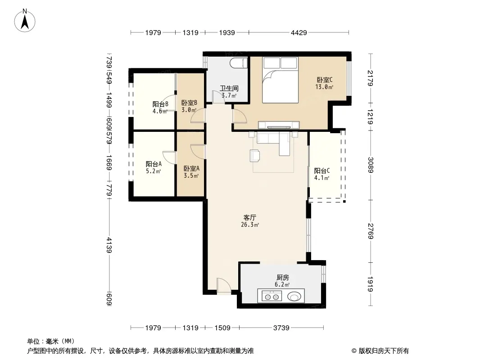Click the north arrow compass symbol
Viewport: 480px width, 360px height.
click(25, 21)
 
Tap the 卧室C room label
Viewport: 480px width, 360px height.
click(325, 80)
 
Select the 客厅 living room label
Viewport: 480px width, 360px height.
click(250, 217)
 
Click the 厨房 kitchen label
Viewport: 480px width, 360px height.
click(282, 277)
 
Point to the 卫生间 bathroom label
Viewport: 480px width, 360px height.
click(229, 88)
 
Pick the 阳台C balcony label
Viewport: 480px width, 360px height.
click(322, 171)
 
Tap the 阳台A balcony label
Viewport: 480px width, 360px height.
click(154, 164)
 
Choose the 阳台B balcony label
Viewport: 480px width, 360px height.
click(160, 104)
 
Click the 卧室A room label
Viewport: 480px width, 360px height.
click(192, 168)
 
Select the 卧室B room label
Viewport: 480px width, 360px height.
click(189, 103)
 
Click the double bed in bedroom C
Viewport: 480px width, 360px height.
click(280, 80)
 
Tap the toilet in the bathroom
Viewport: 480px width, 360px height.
click(239, 63)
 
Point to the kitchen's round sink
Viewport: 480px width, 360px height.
click(294, 296)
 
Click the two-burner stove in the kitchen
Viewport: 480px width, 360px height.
click(272, 297)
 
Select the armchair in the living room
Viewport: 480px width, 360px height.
click(255, 155)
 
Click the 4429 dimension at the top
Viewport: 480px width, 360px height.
click(299, 32)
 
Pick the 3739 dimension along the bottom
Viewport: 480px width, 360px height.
click(281, 328)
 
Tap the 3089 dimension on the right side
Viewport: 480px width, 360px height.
click(371, 165)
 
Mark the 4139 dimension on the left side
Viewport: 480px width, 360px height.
click(109, 245)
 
